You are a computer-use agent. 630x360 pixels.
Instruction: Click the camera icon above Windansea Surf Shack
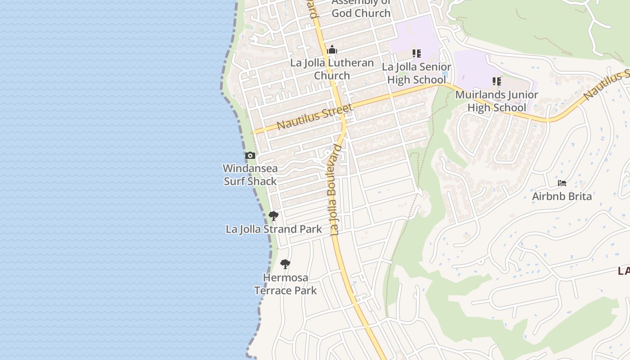250,156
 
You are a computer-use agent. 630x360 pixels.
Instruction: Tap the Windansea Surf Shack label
250,175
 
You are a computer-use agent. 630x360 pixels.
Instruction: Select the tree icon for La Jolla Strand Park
273,216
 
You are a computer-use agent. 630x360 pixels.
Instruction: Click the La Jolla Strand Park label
274,229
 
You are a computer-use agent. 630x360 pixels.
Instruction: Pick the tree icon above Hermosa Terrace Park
285,264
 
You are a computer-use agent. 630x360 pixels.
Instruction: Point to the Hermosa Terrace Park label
286,284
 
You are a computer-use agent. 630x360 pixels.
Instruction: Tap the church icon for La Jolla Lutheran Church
332,49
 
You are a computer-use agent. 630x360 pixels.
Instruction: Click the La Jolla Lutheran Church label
332,69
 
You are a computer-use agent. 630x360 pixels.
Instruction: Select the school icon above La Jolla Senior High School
417,54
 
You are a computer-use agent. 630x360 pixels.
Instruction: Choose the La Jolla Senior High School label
416,73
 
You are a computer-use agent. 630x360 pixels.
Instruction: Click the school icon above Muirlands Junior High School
497,81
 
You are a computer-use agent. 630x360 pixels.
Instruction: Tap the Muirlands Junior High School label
497,101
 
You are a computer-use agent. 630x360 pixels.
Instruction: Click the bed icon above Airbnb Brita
562,183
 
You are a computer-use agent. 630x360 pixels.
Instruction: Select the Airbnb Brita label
562,196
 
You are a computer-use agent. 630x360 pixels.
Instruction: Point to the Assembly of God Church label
361,8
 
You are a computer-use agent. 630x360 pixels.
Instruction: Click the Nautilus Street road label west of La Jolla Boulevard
315,117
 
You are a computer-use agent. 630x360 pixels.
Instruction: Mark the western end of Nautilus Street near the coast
254,132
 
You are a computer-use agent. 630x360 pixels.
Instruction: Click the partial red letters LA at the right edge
624,271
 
